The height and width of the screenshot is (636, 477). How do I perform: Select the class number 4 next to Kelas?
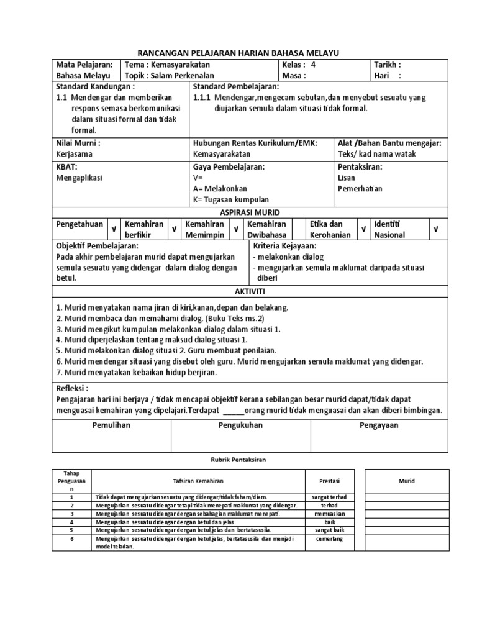pos(313,65)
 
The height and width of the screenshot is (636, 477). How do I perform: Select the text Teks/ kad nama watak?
pos(376,154)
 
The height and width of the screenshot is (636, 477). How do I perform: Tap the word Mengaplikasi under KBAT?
pos(79,178)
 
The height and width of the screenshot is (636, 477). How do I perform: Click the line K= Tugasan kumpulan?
pos(231,199)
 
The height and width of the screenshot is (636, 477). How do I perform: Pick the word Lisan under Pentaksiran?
pos(347,178)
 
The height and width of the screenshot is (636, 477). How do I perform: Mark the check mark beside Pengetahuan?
pos(114,230)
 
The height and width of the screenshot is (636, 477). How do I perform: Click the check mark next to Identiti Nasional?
pos(436,230)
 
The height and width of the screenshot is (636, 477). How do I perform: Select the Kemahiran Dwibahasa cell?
pos(267,229)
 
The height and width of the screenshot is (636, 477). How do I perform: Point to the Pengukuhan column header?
pos(240,425)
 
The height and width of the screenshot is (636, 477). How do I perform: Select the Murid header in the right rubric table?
pos(406,481)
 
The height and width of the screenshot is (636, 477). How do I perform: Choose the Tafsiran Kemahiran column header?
pos(198,481)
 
